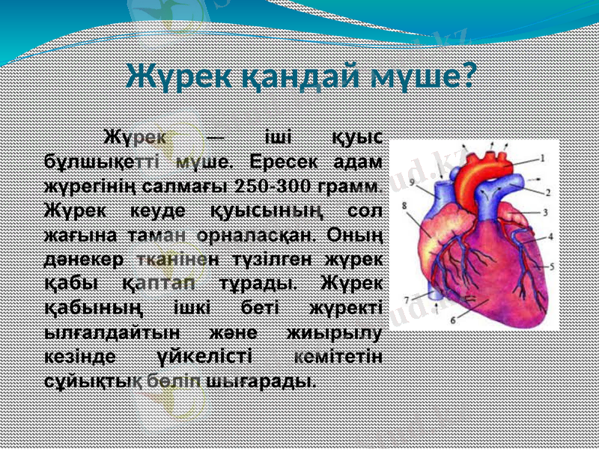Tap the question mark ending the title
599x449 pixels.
pyautogui.click(x=469, y=75)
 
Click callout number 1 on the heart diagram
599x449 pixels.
pyautogui.click(x=541, y=158)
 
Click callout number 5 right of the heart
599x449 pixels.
pyautogui.click(x=552, y=266)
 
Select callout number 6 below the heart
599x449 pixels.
pyautogui.click(x=453, y=319)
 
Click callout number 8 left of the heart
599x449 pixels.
pyautogui.click(x=404, y=204)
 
